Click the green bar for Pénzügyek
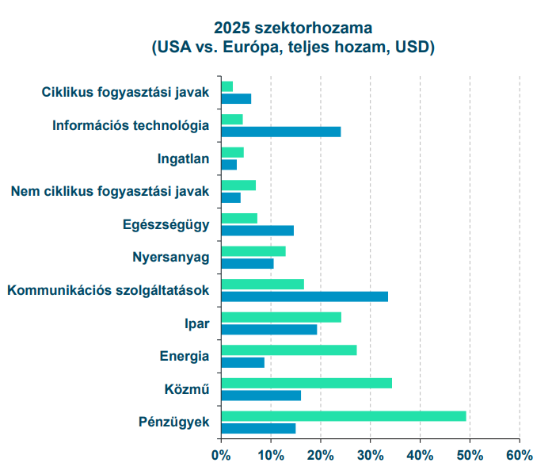click(x=344, y=416)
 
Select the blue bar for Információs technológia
click(x=281, y=132)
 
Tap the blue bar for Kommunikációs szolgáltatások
click(x=305, y=296)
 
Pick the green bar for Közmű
click(x=306, y=383)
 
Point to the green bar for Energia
click(x=289, y=350)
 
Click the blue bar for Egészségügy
click(x=257, y=231)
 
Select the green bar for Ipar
click(x=281, y=317)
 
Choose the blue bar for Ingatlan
click(x=230, y=165)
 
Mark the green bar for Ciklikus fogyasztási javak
click(x=227, y=86)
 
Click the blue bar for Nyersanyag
click(x=247, y=263)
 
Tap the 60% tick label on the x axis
click(x=520, y=455)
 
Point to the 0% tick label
click(x=221, y=455)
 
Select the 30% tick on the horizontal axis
click(x=370, y=455)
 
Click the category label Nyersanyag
click(x=171, y=257)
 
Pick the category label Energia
click(x=184, y=355)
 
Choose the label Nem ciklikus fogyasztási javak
click(x=110, y=191)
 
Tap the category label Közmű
click(x=187, y=388)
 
